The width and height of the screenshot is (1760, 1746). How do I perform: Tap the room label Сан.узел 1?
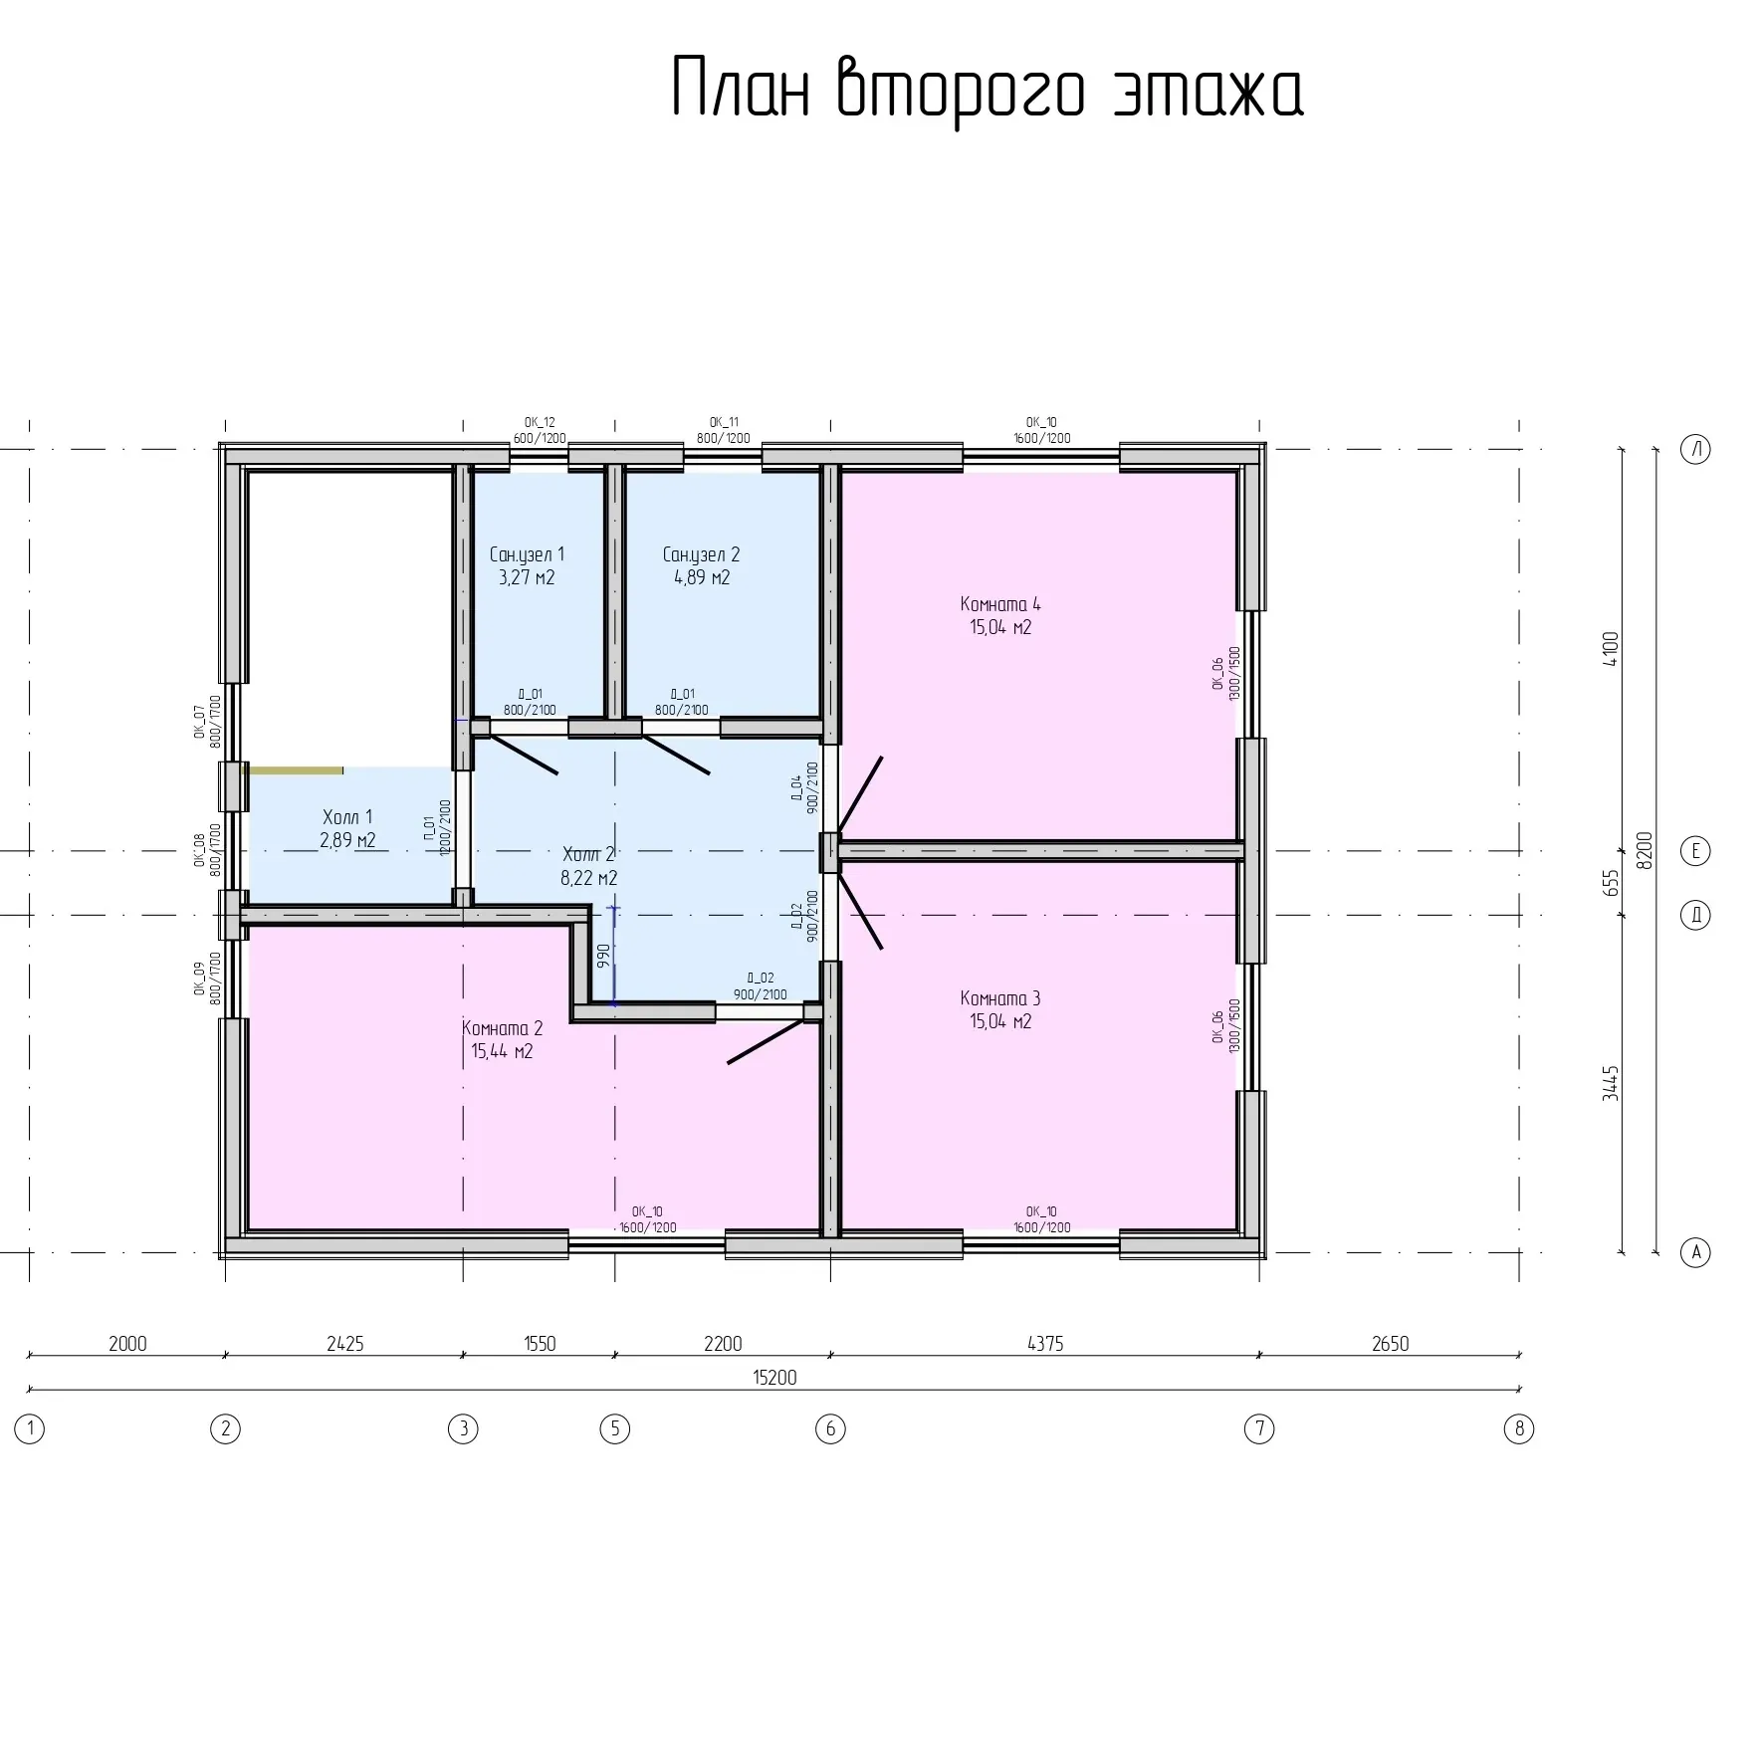[x=527, y=554]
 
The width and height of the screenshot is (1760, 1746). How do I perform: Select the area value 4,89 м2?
[x=702, y=577]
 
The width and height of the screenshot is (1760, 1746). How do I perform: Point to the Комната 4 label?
[x=1000, y=603]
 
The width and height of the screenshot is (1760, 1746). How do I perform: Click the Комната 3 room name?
[x=1000, y=998]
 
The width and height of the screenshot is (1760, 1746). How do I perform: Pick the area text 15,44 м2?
[x=502, y=1051]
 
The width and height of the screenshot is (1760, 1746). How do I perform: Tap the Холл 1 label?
[x=347, y=817]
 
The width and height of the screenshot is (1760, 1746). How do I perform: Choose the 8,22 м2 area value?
[x=589, y=878]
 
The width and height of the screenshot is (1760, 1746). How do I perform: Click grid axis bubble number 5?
[x=615, y=1429]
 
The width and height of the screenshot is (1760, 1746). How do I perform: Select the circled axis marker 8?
[x=1519, y=1429]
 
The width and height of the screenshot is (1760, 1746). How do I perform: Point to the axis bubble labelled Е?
[x=1696, y=851]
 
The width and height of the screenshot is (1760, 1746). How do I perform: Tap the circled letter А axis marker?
[x=1696, y=1251]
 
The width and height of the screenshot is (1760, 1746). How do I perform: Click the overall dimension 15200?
[x=774, y=1378]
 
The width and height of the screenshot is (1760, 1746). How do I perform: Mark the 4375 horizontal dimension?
[x=1045, y=1344]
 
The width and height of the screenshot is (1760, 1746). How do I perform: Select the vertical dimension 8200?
[x=1645, y=850]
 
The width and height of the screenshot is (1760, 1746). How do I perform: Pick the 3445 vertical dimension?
[x=1612, y=1083]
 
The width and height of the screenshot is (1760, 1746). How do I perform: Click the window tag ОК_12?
[x=540, y=422]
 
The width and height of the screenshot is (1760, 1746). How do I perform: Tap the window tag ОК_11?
[x=724, y=422]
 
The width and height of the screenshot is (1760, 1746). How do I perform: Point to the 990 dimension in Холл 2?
[x=602, y=957]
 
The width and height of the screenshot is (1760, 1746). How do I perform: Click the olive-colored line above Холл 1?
[x=293, y=770]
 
